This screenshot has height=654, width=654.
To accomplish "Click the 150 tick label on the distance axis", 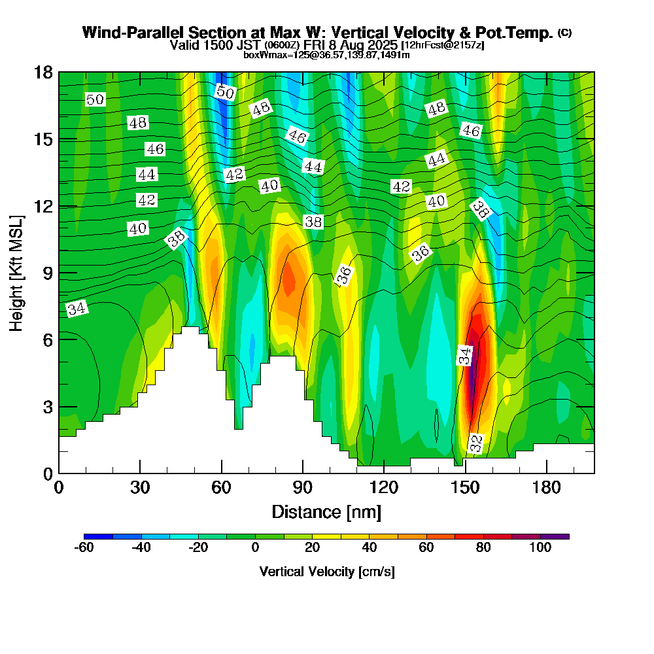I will (x=465, y=488).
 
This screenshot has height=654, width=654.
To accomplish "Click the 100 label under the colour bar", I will (x=540, y=548).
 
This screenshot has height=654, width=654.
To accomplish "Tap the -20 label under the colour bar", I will (x=198, y=548).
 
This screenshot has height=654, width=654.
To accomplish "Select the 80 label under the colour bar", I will (x=483, y=548).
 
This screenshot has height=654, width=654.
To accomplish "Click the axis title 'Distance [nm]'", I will (x=326, y=511).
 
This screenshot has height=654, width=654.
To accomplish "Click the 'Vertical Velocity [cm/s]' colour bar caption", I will (x=327, y=572).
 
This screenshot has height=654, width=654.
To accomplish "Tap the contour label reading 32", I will (x=476, y=444).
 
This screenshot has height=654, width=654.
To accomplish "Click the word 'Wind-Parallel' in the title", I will (x=128, y=33).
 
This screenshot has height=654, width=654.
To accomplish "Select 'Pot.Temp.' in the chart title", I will (x=520, y=33).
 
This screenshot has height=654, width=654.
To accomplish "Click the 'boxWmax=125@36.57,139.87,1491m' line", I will (x=326, y=55).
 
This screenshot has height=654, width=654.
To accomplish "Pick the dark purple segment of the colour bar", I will (x=555, y=536).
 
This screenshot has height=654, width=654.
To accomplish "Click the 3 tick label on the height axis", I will (x=47, y=406).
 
